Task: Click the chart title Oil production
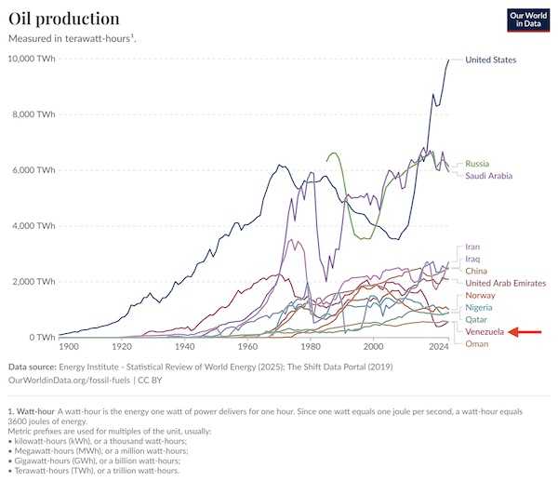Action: click(x=63, y=19)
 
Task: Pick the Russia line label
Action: click(x=478, y=164)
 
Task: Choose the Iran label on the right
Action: click(x=472, y=247)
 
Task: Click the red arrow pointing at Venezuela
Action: click(x=527, y=331)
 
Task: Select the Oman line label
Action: click(x=476, y=343)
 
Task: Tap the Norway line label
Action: click(x=480, y=295)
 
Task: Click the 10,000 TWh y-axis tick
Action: click(x=32, y=59)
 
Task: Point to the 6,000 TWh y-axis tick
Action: click(x=34, y=170)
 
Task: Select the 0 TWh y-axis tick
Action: click(x=41, y=337)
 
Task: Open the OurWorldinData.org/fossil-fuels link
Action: click(x=69, y=381)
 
